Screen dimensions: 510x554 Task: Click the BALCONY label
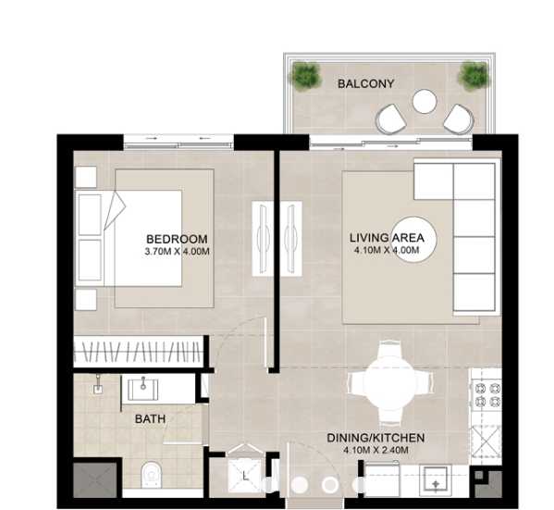365,83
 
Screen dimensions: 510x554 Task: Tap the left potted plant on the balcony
303,74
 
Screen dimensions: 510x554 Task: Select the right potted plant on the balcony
473,74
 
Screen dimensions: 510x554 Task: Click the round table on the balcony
425,100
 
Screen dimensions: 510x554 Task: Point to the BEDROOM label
177,238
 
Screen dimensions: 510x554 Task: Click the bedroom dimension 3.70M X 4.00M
177,251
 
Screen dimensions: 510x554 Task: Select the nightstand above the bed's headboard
86,177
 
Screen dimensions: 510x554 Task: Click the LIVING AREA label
387,238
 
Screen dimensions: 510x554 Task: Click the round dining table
388,381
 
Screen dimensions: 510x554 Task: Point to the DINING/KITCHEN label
375,437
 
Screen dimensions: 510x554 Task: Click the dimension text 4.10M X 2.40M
375,451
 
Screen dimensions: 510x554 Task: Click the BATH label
151,419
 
